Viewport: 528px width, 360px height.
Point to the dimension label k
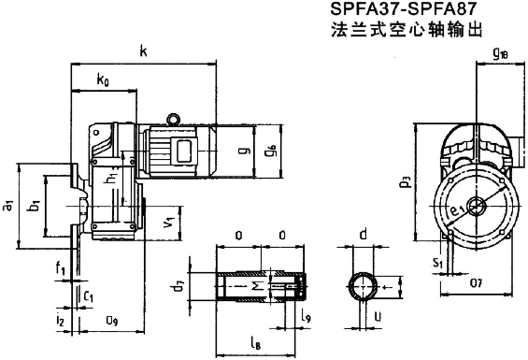pyautogui.click(x=142, y=51)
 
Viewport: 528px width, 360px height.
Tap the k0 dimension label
pyautogui.click(x=104, y=81)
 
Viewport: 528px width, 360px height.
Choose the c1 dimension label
pyautogui.click(x=89, y=297)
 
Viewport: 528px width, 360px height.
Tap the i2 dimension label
pyautogui.click(x=60, y=322)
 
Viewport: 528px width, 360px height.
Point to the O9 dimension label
pyautogui.click(x=111, y=322)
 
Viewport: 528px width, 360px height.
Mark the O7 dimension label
pyautogui.click(x=476, y=281)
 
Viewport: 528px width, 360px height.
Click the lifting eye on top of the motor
pyautogui.click(x=174, y=118)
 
